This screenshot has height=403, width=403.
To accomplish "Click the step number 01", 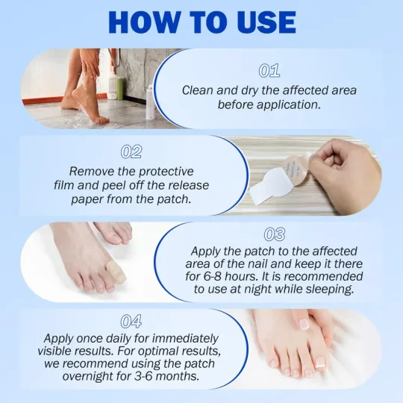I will point(269,71).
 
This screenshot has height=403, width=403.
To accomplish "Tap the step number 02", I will point(131,151).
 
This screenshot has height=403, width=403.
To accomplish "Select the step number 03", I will point(274,235).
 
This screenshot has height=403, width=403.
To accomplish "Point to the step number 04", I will point(131,322).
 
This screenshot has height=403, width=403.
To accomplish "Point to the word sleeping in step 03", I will point(331,289).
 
